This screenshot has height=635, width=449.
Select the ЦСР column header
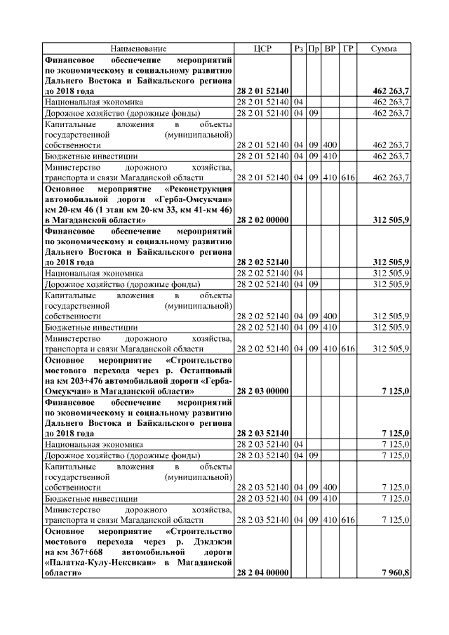(x=262, y=48)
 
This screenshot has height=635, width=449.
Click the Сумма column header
(x=384, y=48)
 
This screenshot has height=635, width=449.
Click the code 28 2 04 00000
(x=262, y=573)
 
